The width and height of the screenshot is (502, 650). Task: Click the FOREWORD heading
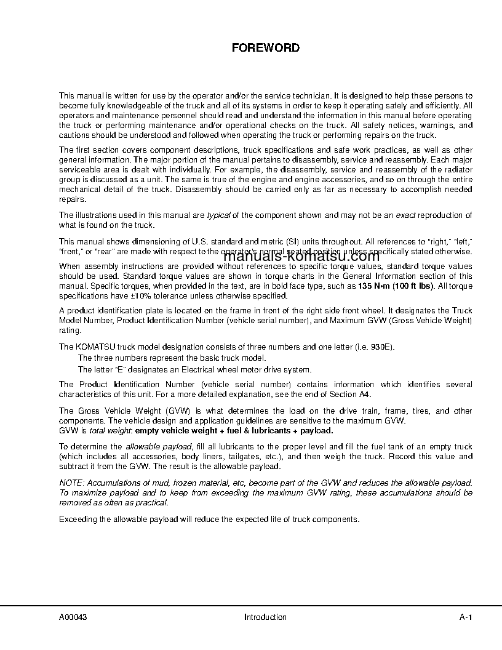265,47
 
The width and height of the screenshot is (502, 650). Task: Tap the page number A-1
465,617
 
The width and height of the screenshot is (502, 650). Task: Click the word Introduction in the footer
265,617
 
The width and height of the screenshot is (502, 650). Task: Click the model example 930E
381,347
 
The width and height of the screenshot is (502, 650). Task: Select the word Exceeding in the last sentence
78,518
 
